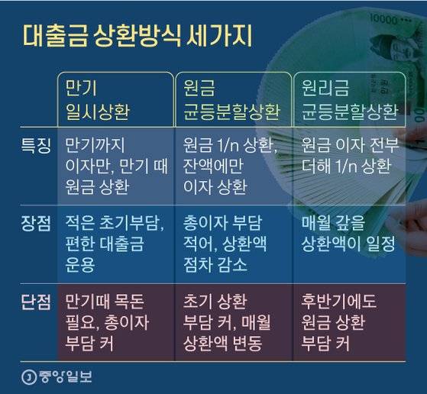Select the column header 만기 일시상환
click(x=98, y=102)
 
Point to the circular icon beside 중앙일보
click(x=30, y=376)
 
